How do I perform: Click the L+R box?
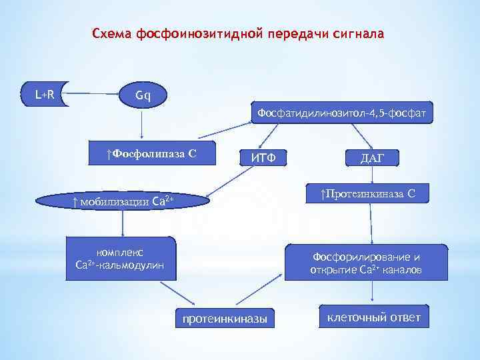point(45,95)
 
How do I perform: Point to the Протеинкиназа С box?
point(367,194)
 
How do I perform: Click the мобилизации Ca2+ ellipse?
point(123,201)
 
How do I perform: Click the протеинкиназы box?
point(225,319)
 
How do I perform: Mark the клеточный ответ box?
point(373,317)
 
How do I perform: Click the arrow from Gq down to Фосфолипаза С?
point(141,123)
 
